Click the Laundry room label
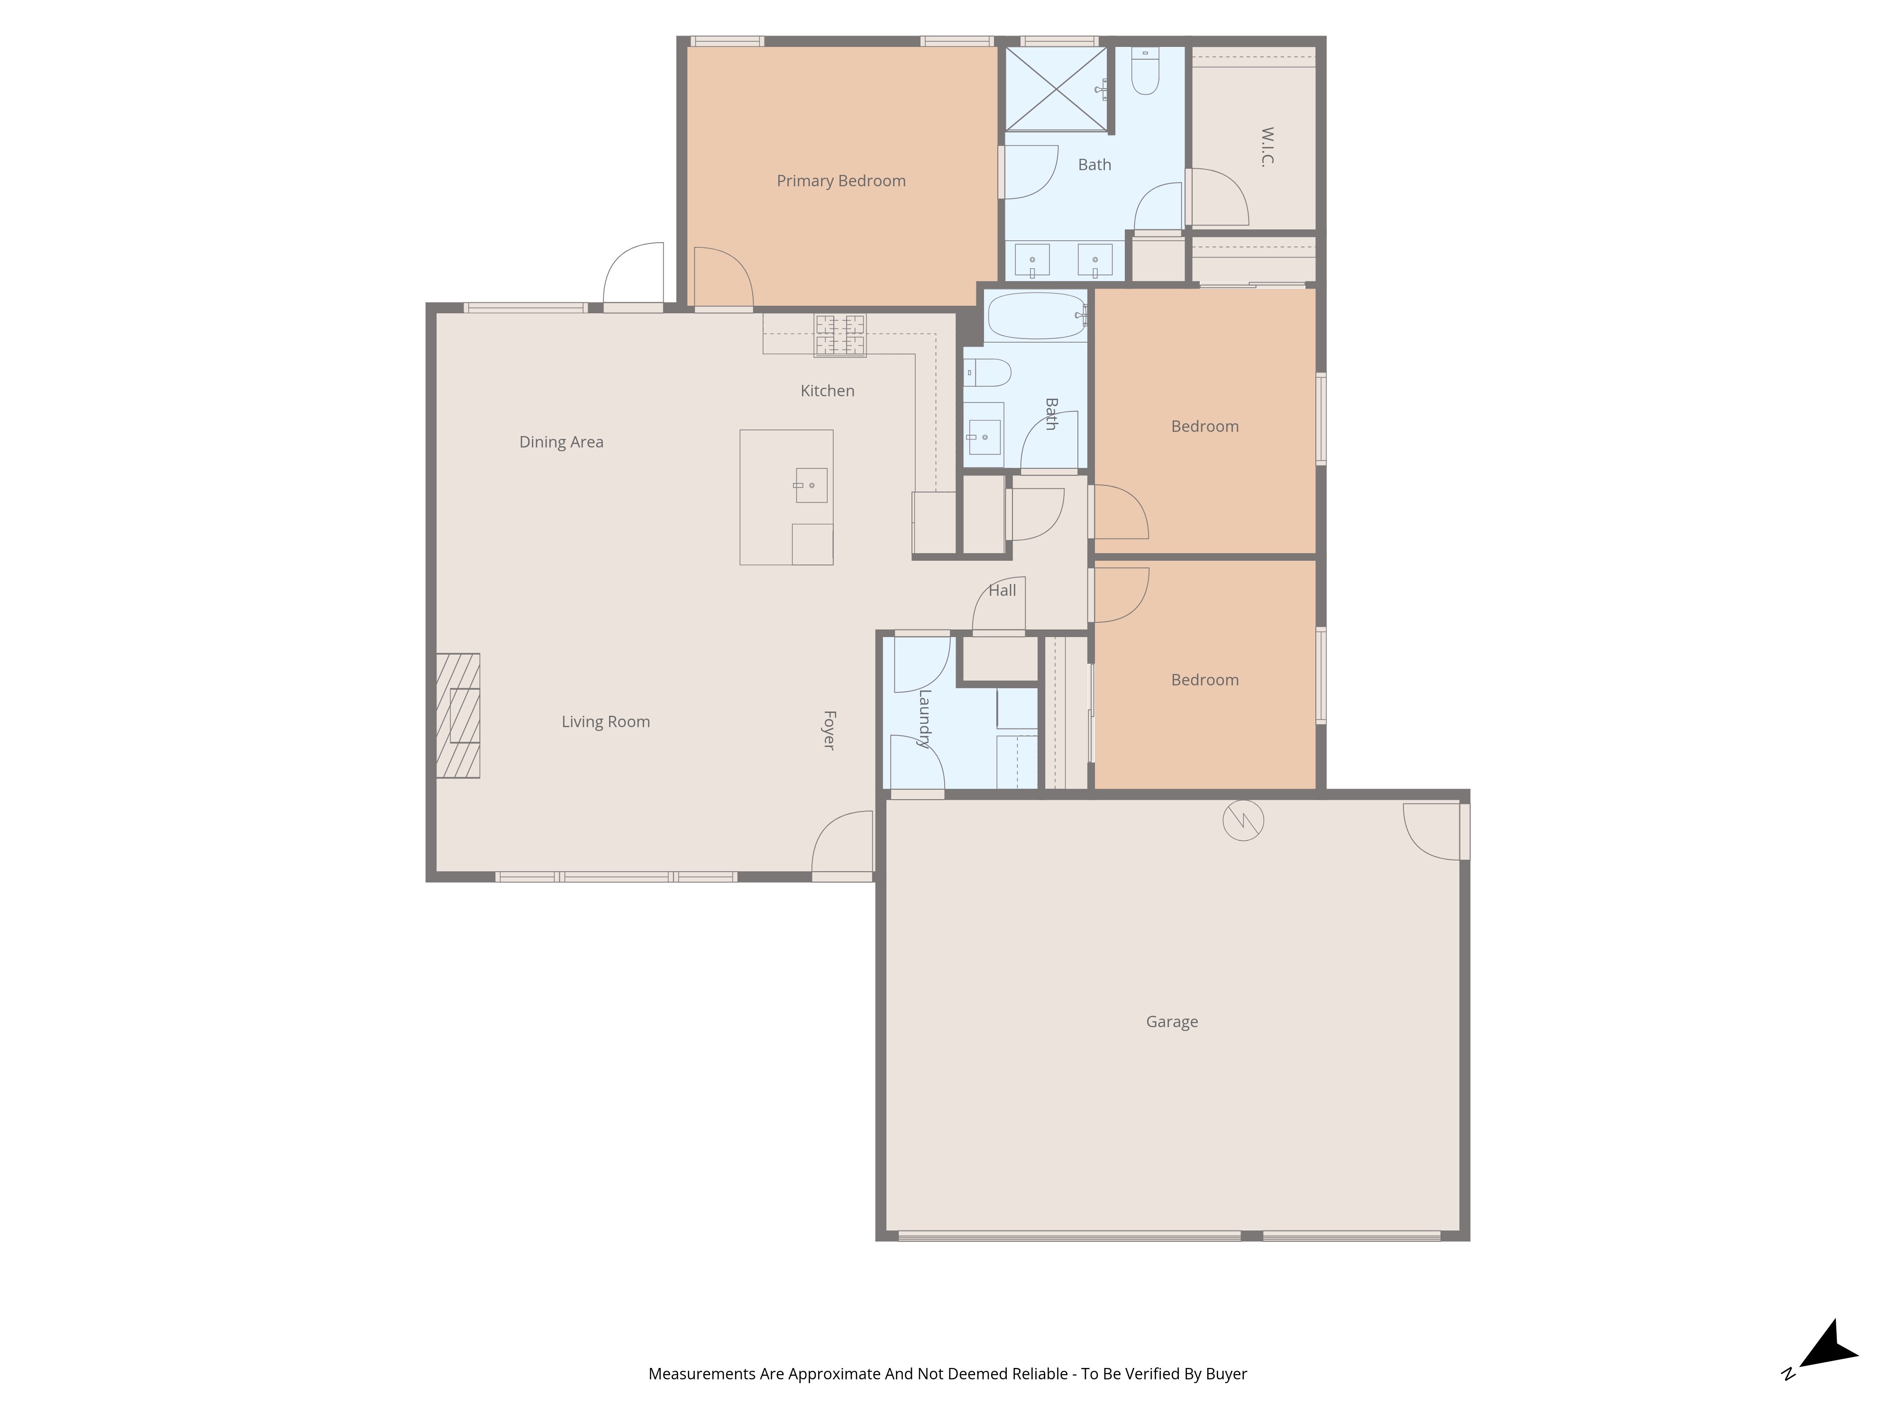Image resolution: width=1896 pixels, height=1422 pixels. [x=924, y=718]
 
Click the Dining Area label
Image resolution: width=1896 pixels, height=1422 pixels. [x=561, y=442]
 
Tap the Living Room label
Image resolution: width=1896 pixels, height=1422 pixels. [x=605, y=722]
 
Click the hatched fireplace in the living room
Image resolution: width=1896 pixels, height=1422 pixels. [x=458, y=716]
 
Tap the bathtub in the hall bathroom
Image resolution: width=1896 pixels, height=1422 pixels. [x=1036, y=316]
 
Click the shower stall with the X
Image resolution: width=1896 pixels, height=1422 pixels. [x=1056, y=89]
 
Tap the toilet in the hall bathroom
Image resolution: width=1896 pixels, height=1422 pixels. [x=990, y=373]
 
